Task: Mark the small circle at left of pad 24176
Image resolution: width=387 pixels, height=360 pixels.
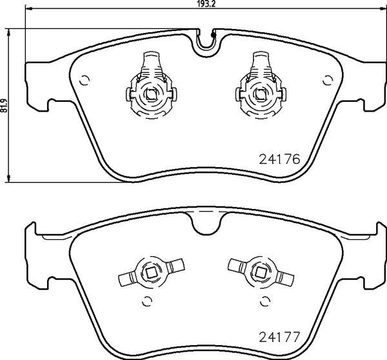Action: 83,80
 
